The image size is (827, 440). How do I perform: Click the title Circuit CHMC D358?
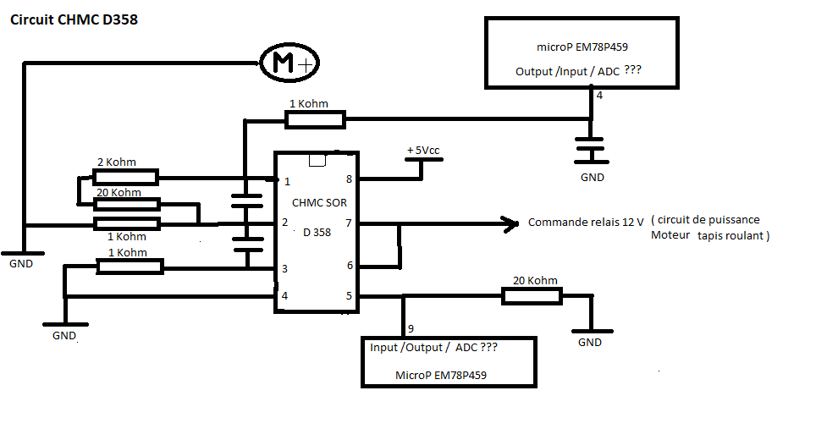73,19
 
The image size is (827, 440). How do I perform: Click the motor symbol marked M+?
288,63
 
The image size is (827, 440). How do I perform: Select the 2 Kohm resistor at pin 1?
124,177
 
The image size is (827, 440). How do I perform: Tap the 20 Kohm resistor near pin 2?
125,203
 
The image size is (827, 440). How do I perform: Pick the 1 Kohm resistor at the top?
315,120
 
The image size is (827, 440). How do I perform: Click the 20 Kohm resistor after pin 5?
532,295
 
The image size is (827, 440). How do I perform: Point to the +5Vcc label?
423,150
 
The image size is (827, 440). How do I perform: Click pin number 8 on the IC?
349,179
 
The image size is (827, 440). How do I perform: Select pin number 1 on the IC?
287,181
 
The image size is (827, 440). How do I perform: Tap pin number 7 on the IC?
348,223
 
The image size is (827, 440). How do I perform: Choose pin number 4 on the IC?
284,295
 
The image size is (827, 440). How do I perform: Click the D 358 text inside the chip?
317,233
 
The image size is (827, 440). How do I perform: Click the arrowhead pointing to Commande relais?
510,224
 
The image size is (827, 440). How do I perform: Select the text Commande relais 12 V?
586,223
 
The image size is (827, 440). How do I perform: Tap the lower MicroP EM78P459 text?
440,374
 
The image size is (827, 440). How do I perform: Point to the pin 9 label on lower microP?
411,328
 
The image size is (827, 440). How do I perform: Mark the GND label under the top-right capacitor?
593,178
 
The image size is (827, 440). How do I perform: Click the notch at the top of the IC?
317,160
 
